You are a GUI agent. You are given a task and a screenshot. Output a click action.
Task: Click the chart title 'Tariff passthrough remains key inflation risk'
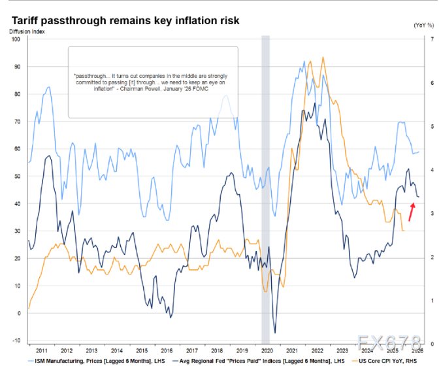click(x=124, y=21)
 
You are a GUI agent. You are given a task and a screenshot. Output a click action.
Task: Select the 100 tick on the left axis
click(x=17, y=39)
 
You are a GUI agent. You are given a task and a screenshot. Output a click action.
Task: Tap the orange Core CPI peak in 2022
click(x=323, y=58)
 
